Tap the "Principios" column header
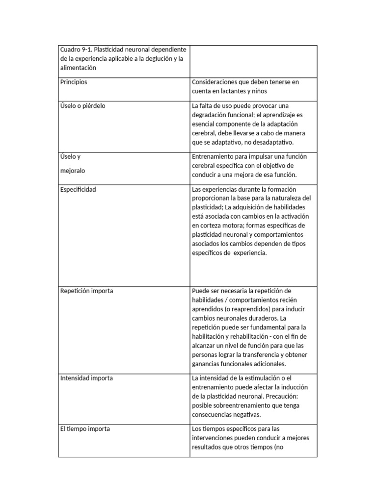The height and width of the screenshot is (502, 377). click(74, 82)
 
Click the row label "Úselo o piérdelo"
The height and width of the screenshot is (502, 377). click(82, 106)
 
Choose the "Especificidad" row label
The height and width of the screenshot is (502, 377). click(78, 190)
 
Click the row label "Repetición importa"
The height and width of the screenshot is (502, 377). click(86, 291)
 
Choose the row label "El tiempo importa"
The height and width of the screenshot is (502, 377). click(85, 429)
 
